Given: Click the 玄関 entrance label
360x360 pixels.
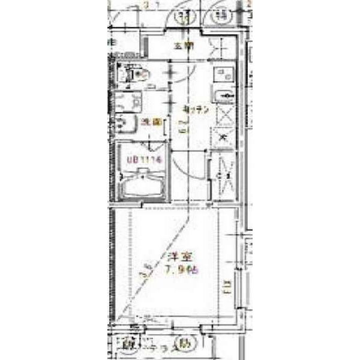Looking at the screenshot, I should point(184,46).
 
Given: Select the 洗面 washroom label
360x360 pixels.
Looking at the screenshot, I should point(151,122).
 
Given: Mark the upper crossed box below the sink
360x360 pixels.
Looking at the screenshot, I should point(224,113).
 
